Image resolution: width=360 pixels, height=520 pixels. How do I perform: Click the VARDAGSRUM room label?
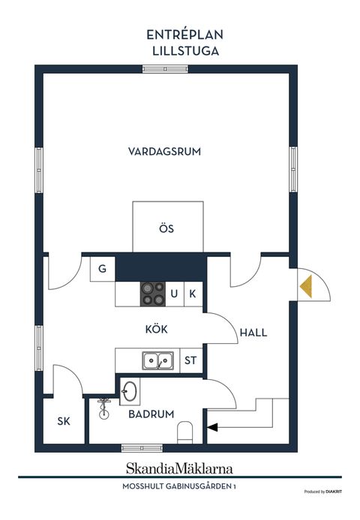click(x=164, y=151)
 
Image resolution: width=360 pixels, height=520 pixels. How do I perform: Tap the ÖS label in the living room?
click(x=166, y=229)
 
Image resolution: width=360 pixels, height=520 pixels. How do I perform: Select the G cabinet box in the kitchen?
click(x=103, y=269)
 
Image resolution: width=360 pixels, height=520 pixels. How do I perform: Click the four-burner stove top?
click(x=153, y=294)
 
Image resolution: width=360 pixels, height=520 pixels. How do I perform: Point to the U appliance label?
click(x=174, y=294)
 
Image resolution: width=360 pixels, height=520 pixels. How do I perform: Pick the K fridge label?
click(x=193, y=294)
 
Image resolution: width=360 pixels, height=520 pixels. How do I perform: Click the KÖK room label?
click(x=157, y=330)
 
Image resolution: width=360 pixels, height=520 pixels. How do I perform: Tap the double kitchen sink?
click(x=158, y=361)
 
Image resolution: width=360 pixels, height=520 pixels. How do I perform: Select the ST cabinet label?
click(x=190, y=360)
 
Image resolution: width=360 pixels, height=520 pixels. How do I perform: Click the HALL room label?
click(x=253, y=333)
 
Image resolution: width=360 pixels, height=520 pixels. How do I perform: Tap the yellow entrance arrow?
click(x=306, y=286)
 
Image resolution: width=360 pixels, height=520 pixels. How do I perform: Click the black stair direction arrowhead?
click(x=212, y=428)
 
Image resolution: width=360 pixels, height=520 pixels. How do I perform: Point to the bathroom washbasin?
click(x=129, y=391)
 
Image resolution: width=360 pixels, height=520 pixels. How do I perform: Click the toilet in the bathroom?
click(x=185, y=432)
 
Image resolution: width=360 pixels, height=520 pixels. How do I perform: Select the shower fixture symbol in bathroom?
click(x=104, y=409)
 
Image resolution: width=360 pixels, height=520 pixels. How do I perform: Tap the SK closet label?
click(x=64, y=421)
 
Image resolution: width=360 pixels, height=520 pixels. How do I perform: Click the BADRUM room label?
click(x=151, y=414)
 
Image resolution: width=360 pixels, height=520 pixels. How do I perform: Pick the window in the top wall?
click(x=166, y=69)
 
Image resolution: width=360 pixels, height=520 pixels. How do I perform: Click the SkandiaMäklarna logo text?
click(x=179, y=468)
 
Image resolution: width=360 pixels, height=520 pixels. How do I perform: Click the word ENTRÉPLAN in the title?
click(x=185, y=34)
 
